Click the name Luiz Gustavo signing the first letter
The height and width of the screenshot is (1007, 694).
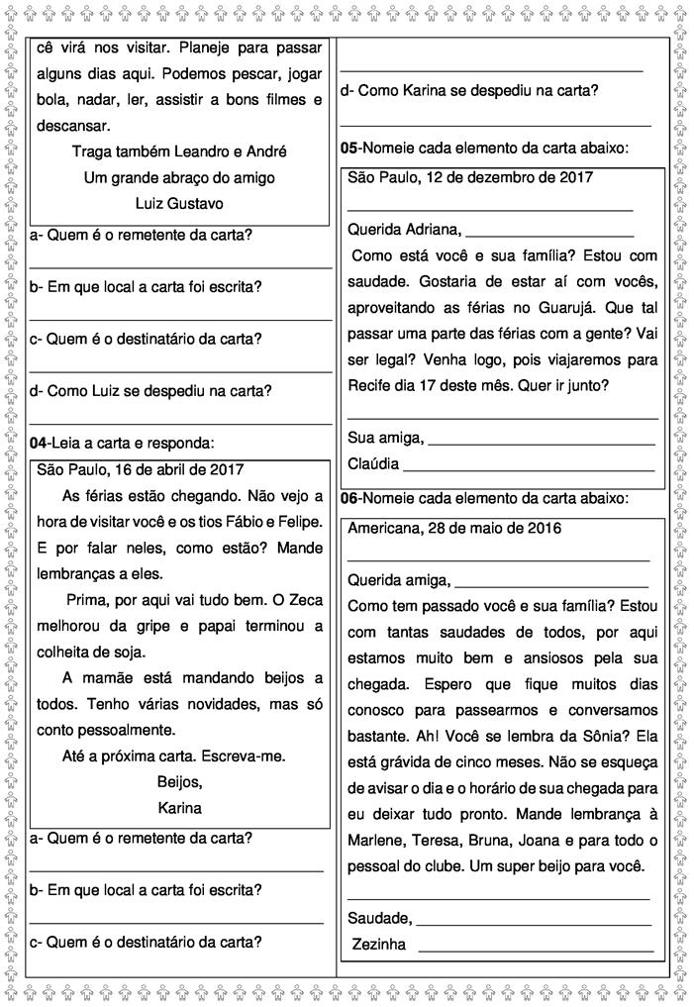179,203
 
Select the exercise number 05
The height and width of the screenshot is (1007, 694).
349,148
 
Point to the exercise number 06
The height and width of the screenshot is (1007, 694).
349,497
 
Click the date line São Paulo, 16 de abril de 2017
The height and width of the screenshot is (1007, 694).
140,469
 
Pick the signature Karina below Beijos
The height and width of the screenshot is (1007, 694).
179,807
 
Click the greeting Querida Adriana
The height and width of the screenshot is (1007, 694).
404,230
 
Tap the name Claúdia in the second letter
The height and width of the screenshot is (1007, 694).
373,463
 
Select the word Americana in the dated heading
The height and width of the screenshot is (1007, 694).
382,528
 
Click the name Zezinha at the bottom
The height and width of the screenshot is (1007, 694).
379,944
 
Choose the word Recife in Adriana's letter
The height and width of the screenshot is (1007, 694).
371,385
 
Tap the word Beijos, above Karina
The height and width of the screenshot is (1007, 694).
179,781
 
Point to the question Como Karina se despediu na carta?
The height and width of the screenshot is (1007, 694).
468,90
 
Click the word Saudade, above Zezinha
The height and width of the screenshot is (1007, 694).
380,918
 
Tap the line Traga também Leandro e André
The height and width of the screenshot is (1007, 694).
179,151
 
